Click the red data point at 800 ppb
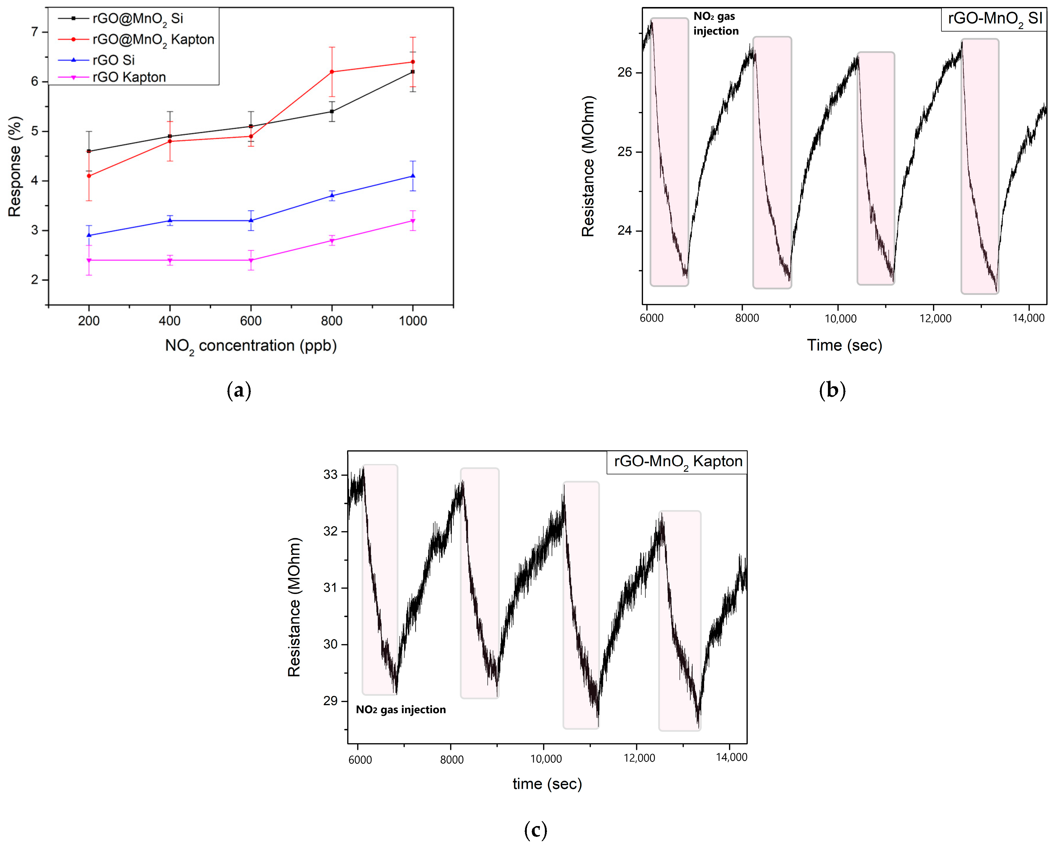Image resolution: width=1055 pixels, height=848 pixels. [332, 72]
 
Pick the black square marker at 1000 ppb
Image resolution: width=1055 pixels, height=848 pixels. [413, 72]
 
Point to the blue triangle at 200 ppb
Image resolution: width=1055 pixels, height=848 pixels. [89, 235]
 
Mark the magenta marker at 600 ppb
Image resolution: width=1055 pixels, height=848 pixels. [251, 260]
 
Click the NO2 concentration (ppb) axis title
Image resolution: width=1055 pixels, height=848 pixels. [251, 346]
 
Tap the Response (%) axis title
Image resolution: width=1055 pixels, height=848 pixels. [15, 166]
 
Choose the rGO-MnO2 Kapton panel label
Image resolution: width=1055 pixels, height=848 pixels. [678, 461]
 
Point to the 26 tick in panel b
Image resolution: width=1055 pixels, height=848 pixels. [625, 72]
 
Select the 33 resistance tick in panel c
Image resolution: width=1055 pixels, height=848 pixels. [330, 475]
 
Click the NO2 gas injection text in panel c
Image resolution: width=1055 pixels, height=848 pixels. [401, 710]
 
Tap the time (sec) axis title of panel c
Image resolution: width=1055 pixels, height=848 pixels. [547, 784]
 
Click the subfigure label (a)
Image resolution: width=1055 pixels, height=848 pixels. [239, 390]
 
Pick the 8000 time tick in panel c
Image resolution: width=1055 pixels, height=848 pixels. [452, 759]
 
